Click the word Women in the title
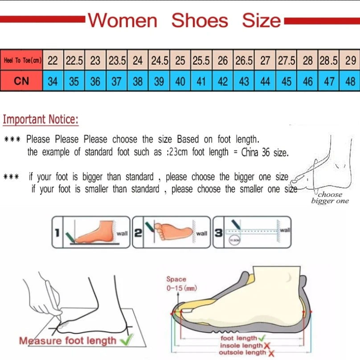coord(122,21)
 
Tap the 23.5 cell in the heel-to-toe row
coord(117,61)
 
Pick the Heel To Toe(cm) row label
coord(22,61)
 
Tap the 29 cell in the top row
coord(350,61)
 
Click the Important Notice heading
coord(41,119)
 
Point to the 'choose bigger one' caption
coord(330,197)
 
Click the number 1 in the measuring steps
coord(57,232)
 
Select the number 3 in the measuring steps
coord(218,233)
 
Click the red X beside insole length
coord(267,345)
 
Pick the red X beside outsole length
coord(270,353)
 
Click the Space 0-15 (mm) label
coord(176,283)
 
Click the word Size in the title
coord(262,21)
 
